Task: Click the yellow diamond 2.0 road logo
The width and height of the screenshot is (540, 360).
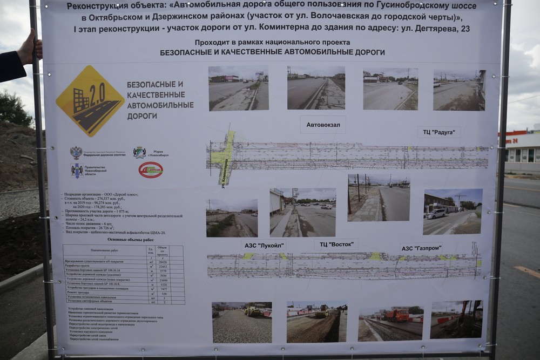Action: point(90,101)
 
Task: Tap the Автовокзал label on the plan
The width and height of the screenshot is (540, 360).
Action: point(323,125)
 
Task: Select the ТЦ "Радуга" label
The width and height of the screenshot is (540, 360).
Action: point(438,132)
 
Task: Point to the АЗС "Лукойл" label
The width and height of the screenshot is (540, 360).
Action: point(264,246)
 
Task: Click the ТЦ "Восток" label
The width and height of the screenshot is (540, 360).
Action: point(335,244)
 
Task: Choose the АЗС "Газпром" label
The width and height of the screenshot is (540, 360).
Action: point(421,248)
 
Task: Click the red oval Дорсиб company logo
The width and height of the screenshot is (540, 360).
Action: point(151,170)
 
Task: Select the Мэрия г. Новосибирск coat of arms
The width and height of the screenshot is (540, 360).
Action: point(139,153)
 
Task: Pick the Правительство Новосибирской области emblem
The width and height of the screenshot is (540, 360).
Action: point(77,171)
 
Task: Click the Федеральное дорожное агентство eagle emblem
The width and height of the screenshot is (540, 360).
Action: point(76,153)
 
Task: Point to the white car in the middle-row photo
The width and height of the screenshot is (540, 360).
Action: point(436,214)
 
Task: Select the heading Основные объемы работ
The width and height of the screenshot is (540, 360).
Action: point(130,239)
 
